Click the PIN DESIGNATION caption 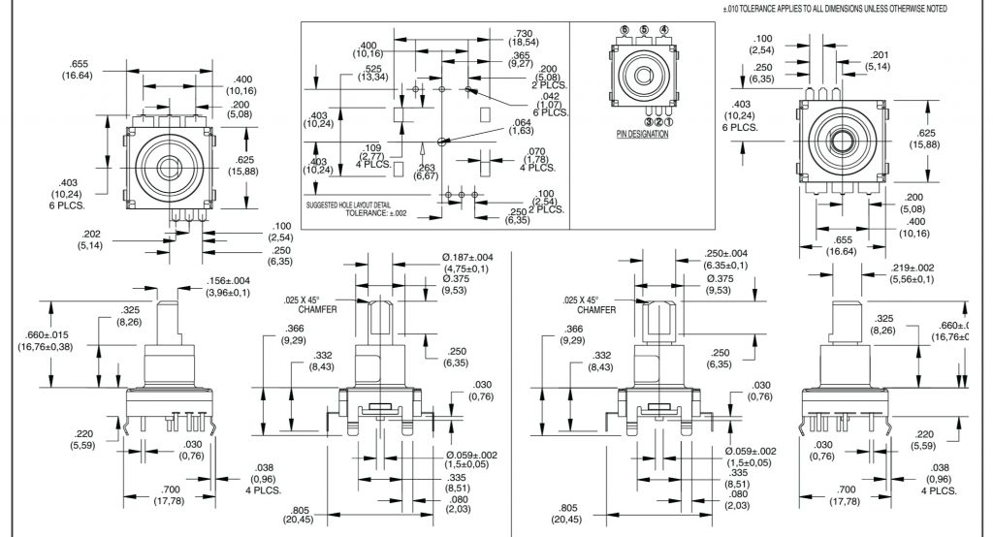click(x=642, y=134)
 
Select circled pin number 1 click(x=669, y=122)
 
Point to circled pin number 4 click(x=663, y=30)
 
